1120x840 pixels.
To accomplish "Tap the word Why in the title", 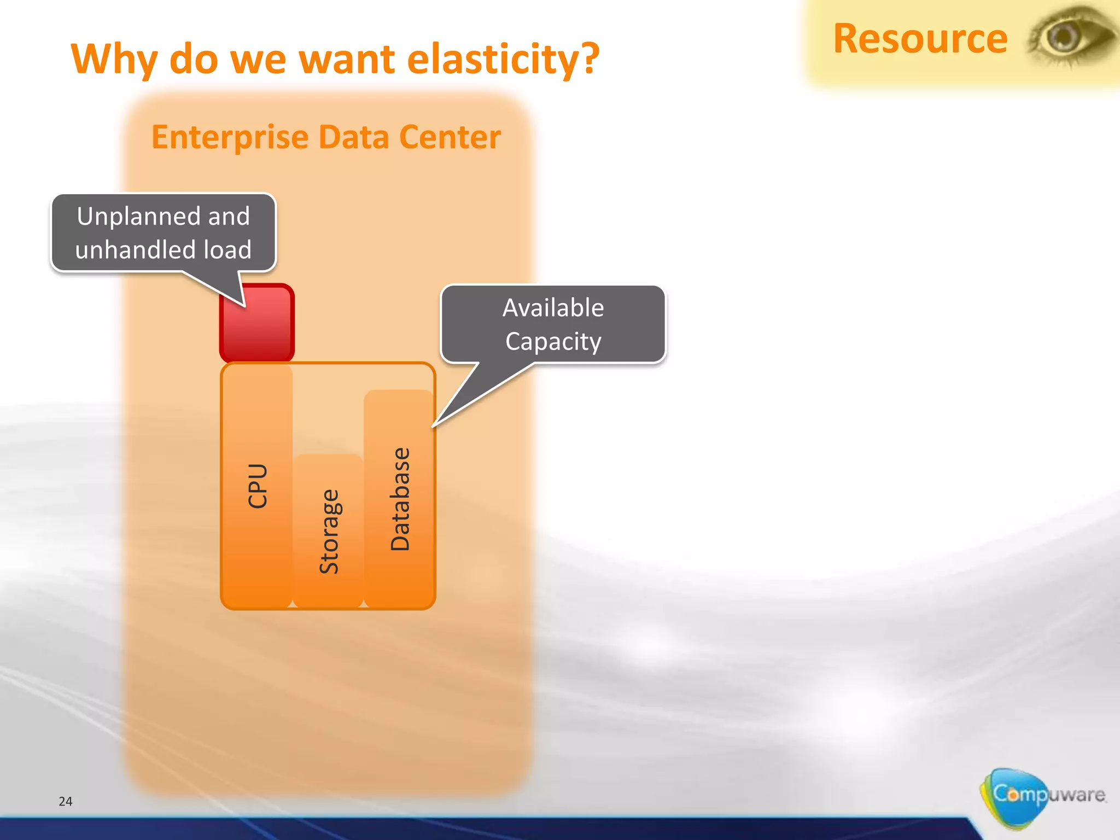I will click(x=113, y=59).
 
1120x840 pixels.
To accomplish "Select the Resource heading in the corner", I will click(x=920, y=39).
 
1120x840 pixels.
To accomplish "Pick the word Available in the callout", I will click(x=553, y=308).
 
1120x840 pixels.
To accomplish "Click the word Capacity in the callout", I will click(x=553, y=342).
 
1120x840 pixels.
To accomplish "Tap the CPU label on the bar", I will click(x=258, y=486).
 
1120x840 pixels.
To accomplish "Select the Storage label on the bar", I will click(x=329, y=532).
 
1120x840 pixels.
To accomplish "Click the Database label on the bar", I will click(x=400, y=499).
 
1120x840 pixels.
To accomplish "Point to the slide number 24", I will click(x=65, y=801).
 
